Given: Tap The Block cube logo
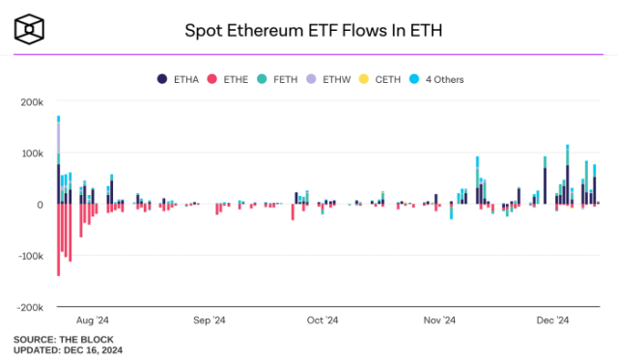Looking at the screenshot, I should pos(31,30).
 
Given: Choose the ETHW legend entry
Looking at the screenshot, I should pos(338,79).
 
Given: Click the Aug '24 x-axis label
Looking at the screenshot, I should pos(91,320).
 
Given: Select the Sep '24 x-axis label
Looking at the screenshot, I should pos(209,320).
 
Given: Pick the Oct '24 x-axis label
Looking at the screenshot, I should pos(323,320).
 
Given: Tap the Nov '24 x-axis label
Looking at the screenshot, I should pos(439,320).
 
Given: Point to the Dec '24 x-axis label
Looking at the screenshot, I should pos(553,320).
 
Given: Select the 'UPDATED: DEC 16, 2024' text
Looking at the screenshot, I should pos(68,350).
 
